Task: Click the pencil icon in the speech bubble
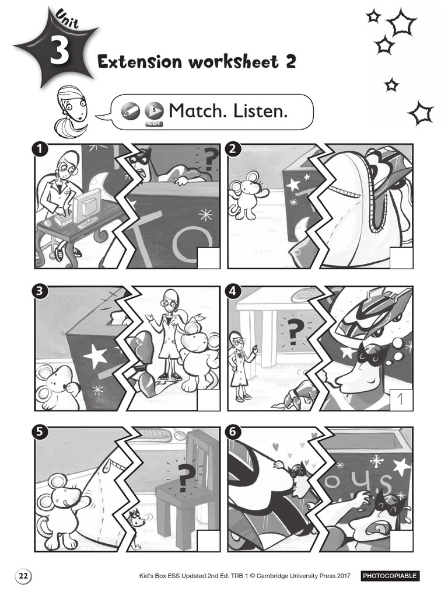pyautogui.click(x=130, y=112)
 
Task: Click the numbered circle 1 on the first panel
pyautogui.click(x=40, y=149)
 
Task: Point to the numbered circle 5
pyautogui.click(x=40, y=432)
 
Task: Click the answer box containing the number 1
pyautogui.click(x=401, y=399)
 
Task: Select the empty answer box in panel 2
pyautogui.click(x=401, y=258)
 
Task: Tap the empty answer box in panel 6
pyautogui.click(x=401, y=540)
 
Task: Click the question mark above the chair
pyautogui.click(x=184, y=479)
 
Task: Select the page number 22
pyautogui.click(x=23, y=576)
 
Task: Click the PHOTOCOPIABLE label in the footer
pyautogui.click(x=390, y=576)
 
